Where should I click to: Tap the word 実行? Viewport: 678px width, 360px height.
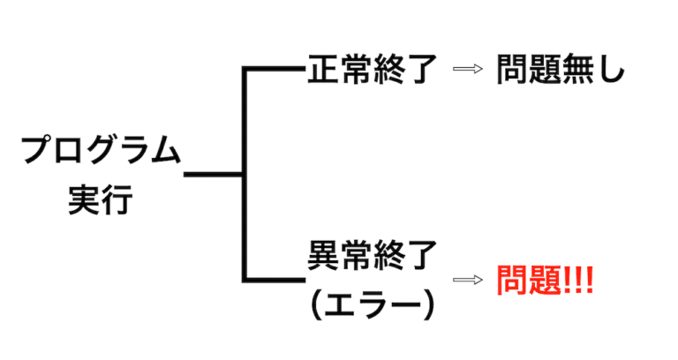point(99,200)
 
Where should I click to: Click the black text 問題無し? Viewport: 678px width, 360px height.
point(560,71)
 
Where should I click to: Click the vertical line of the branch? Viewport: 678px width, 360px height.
point(245,176)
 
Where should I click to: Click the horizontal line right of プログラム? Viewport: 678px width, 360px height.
point(213,176)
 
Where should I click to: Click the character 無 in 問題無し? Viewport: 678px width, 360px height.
point(579,71)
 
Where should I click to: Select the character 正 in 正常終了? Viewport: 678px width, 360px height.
point(322,71)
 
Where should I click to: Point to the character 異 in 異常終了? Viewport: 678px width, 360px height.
point(322,256)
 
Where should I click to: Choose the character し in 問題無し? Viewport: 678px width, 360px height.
point(611,71)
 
